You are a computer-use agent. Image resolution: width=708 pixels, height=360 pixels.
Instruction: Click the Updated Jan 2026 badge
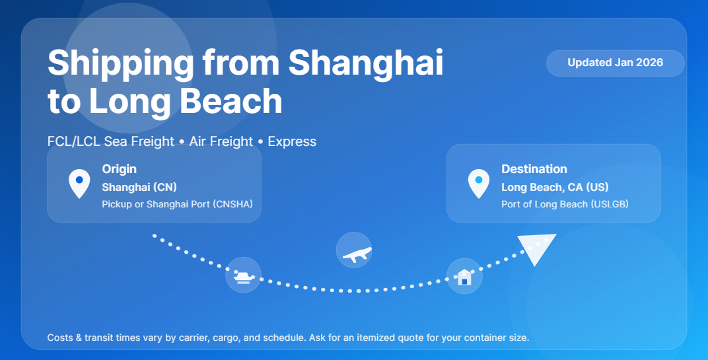[615, 63]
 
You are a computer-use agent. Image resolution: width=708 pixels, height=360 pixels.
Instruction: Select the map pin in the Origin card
[79, 183]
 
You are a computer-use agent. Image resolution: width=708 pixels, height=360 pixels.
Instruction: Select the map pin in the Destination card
[479, 183]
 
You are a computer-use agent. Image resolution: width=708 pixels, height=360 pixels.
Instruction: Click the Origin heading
[119, 169]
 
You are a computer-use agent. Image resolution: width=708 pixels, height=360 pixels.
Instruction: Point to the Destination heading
[534, 169]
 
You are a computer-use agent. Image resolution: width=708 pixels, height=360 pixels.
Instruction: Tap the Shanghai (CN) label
[139, 187]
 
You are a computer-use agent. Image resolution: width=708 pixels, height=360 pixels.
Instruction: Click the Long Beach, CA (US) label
[555, 187]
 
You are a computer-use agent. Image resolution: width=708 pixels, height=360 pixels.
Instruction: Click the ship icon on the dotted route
[243, 275]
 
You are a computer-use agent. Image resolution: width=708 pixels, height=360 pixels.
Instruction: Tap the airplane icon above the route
[354, 250]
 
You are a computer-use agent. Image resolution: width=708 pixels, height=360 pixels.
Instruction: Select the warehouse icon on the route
[464, 276]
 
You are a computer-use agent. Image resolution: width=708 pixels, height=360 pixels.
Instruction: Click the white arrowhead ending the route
[536, 248]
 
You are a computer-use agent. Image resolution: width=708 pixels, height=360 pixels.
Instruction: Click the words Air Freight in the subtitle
[221, 141]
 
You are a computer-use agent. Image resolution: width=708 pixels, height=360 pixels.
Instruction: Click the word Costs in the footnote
[60, 338]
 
